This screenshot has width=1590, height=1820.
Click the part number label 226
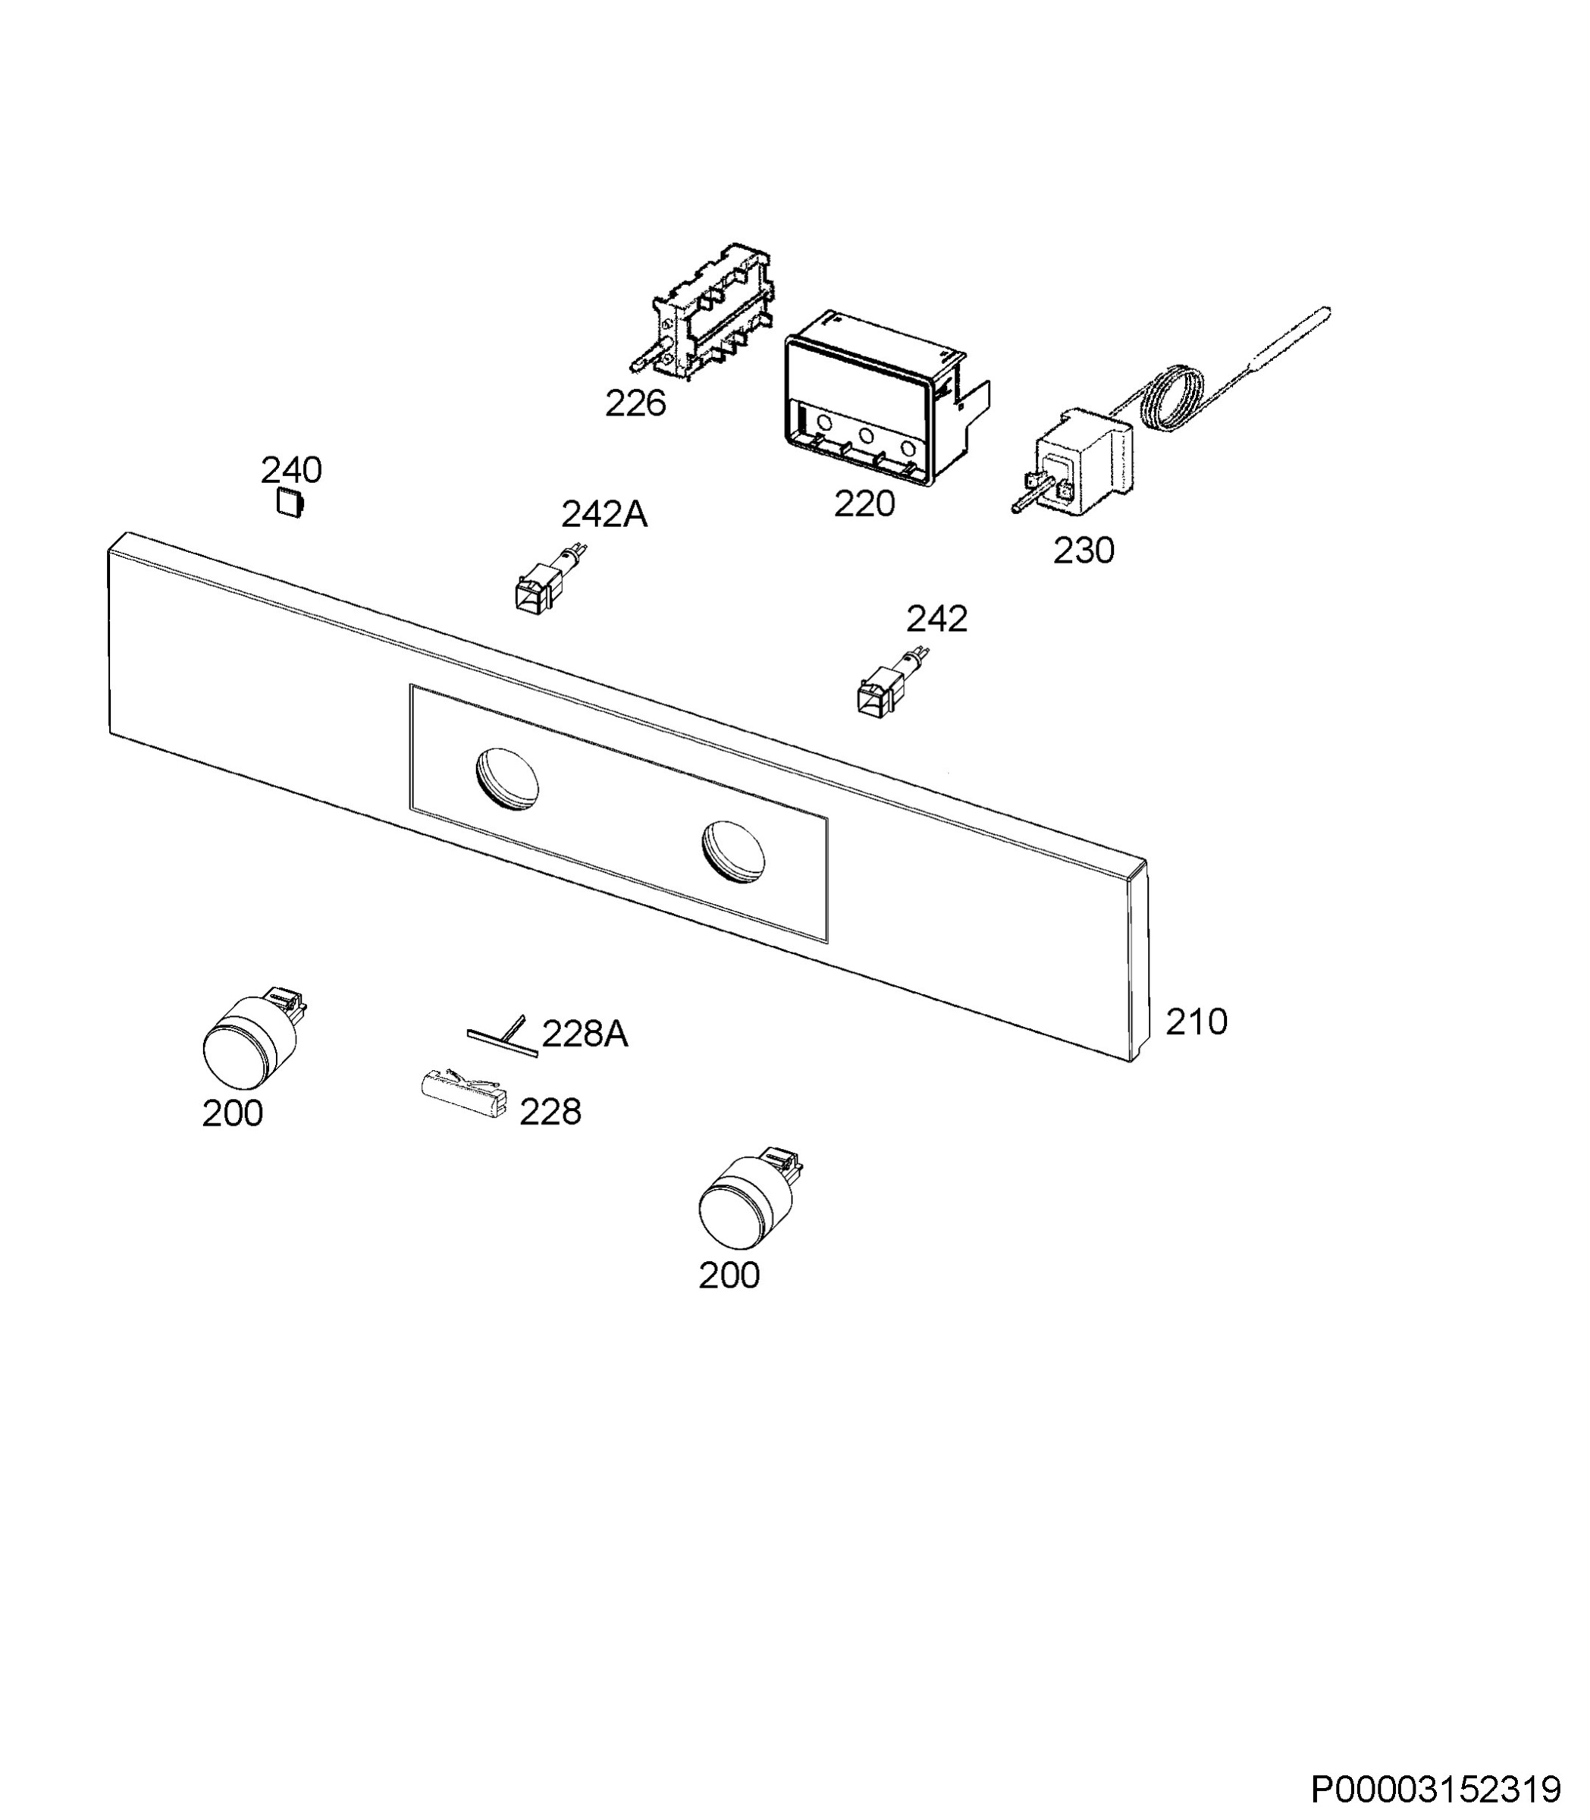click(635, 403)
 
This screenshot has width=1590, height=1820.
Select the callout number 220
click(864, 504)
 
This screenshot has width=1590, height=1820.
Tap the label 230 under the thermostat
click(1084, 551)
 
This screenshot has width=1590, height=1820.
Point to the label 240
click(291, 469)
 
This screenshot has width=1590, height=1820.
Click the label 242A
click(604, 514)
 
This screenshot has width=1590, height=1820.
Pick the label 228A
click(585, 1034)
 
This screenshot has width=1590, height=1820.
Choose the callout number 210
click(1196, 1022)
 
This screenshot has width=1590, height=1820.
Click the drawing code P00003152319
click(1435, 1789)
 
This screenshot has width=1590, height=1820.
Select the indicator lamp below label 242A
click(548, 579)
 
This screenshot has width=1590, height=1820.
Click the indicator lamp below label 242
click(892, 681)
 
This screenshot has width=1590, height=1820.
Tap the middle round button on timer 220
click(866, 436)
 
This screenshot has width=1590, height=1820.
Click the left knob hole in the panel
click(506, 778)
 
